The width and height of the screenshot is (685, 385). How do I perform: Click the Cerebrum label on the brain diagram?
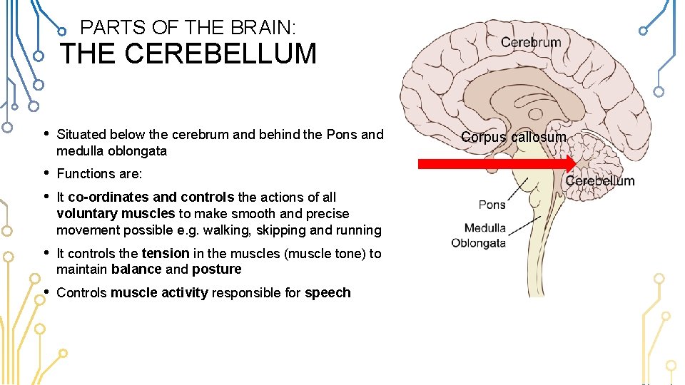coord(531,42)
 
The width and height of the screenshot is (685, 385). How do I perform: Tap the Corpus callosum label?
coord(514,137)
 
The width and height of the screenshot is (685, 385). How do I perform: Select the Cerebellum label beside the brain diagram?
coord(599,181)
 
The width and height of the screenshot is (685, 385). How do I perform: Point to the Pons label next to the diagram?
coord(492,205)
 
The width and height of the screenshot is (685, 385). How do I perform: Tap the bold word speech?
coord(328,292)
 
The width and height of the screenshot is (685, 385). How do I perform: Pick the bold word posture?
coord(217,269)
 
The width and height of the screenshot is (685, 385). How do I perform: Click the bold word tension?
coord(166,253)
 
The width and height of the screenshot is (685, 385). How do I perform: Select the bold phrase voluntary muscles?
coord(116,213)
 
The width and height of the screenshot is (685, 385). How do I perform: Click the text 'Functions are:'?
coord(99,173)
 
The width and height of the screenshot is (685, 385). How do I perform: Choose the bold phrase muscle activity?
coord(159,292)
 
